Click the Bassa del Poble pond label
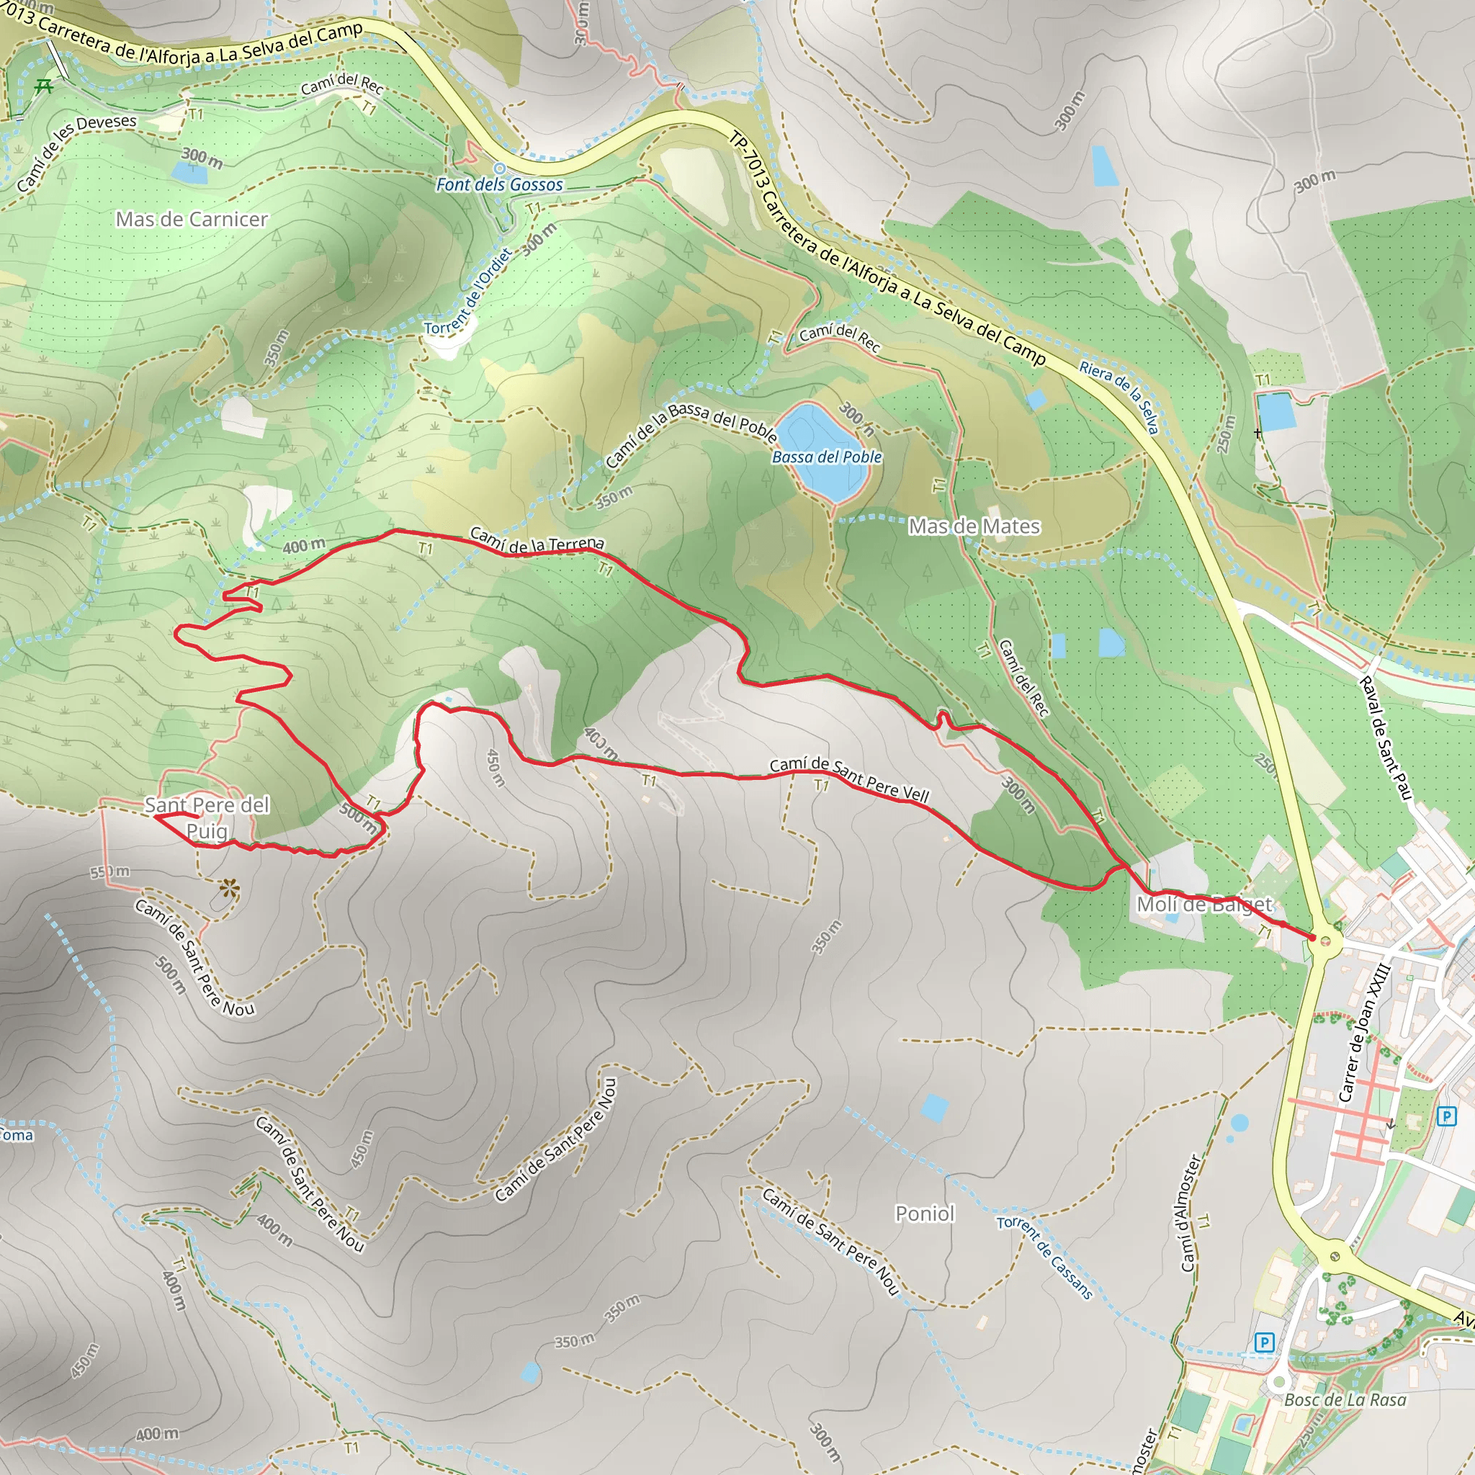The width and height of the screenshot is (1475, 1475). click(x=827, y=457)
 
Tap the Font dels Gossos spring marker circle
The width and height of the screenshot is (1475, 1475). click(x=499, y=168)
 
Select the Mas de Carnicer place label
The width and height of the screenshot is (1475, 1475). click(x=192, y=220)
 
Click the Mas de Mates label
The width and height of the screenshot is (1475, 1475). click(x=974, y=526)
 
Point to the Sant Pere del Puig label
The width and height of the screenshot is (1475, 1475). click(x=207, y=817)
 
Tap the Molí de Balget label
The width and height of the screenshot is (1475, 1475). click(x=1204, y=905)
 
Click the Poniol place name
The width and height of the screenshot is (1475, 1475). click(x=925, y=1214)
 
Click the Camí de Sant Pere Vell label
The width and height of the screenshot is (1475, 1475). click(x=849, y=779)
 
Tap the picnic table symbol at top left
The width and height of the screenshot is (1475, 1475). click(x=44, y=86)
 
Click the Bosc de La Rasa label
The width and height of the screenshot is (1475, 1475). click(x=1345, y=1400)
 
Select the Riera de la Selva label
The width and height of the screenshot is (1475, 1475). click(x=1119, y=396)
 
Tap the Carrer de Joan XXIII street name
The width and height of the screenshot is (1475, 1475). click(x=1366, y=1034)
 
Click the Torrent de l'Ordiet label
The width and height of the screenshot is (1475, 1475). click(x=467, y=292)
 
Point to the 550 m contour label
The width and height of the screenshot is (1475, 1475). click(x=110, y=872)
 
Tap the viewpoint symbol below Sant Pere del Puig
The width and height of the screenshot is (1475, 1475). click(x=229, y=888)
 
